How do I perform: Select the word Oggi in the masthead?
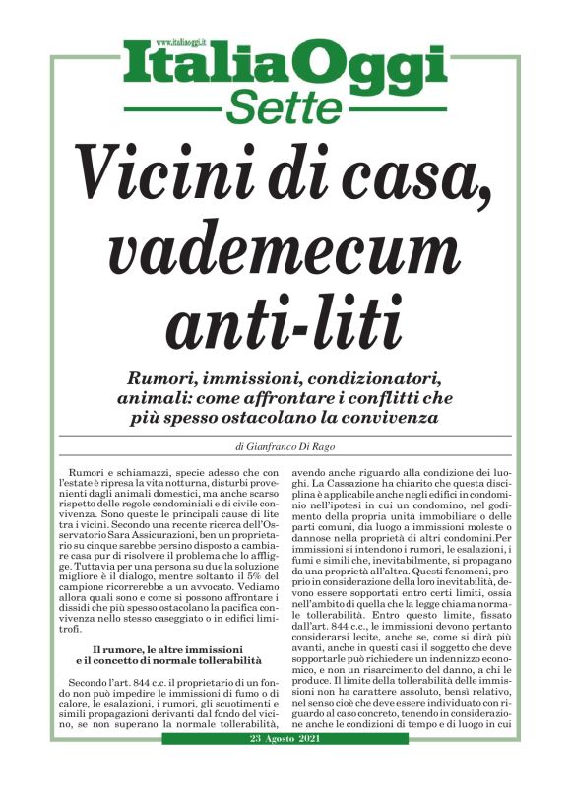(369, 69)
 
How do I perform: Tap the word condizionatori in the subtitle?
(388, 379)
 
